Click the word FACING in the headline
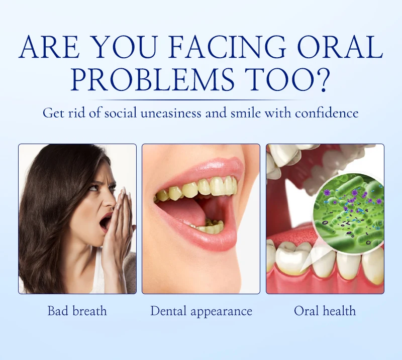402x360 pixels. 228,46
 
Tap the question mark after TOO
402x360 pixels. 321,79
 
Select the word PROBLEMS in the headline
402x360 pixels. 152,79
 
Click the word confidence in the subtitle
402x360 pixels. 326,113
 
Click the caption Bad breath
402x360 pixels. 77,311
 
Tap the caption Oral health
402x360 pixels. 325,311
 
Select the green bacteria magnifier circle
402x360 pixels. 348,214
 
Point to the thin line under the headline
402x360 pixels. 201,100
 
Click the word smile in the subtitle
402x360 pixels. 245,113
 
